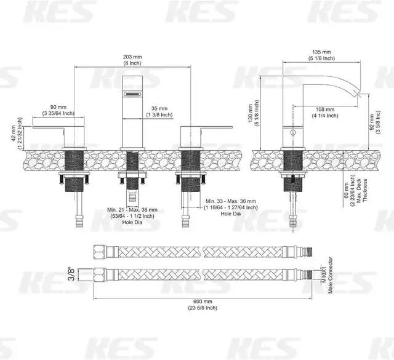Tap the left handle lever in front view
tap(53, 128)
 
